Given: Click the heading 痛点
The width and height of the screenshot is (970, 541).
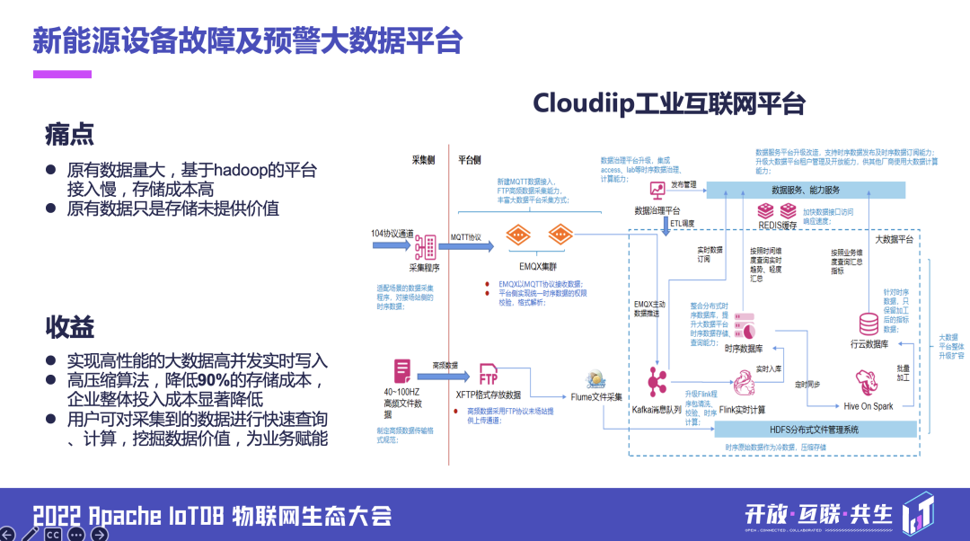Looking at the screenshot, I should click(69, 135).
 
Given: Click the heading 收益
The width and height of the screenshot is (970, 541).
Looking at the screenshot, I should click(69, 326).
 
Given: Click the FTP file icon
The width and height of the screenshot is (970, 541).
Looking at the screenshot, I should click(489, 373).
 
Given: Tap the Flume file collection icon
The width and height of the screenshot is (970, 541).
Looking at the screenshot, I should click(595, 378).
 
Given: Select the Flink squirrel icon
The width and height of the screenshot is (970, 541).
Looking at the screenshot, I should click(742, 386).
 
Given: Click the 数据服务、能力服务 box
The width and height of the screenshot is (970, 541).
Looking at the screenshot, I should click(806, 190).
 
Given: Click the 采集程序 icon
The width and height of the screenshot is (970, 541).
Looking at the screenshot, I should click(424, 246).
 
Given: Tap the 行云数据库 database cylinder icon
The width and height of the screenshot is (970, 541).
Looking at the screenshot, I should click(869, 324).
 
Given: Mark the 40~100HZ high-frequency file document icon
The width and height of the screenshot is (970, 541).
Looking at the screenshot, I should click(402, 371).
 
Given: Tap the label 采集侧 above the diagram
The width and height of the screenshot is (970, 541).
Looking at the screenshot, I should click(423, 160).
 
